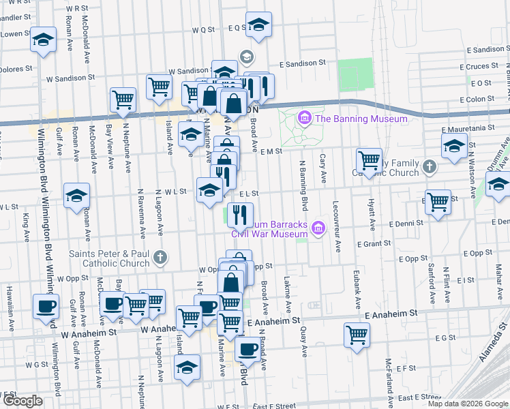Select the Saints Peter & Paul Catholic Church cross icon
[x=160, y=257]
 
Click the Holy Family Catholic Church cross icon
[x=429, y=166]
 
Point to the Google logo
[x=22, y=401]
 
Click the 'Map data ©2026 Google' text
[x=468, y=404]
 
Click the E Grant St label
[x=372, y=243]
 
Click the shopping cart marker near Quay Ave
[x=357, y=335]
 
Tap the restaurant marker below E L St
[x=240, y=215]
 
